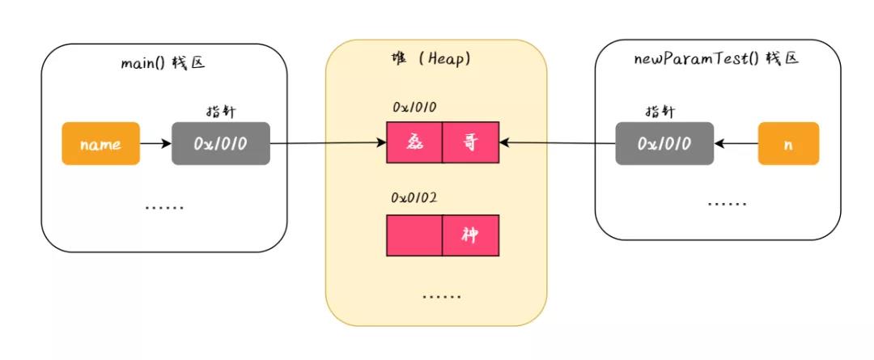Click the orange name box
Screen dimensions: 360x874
click(100, 144)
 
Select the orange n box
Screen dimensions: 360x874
click(788, 143)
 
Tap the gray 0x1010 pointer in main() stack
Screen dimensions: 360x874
click(220, 144)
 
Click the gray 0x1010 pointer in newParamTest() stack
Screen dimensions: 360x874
click(664, 143)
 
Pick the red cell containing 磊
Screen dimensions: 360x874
click(414, 143)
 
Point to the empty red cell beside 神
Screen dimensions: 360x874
click(414, 235)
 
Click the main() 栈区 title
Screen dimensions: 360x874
click(163, 61)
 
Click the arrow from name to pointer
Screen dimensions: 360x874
click(155, 144)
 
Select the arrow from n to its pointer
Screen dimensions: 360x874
click(736, 144)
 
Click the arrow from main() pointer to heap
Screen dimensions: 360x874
click(328, 144)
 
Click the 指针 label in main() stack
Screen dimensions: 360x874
click(221, 112)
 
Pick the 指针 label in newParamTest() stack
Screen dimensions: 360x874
click(660, 111)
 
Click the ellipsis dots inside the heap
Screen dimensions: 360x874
click(442, 296)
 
